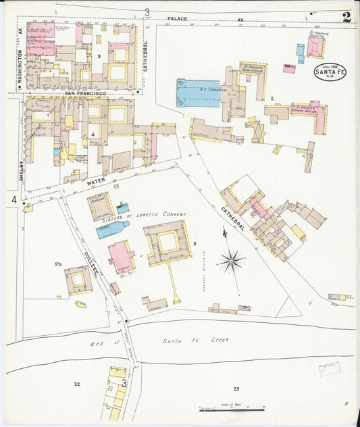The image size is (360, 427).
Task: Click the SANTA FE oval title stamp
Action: pos(330,71)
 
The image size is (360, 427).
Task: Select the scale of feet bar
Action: pos(231,409)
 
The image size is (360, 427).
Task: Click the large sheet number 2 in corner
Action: pos(346,18)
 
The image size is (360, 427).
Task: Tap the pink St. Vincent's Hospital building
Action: pos(315,47)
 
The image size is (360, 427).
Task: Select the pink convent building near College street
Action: pos(121,257)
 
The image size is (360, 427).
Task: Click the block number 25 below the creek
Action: pos(236,388)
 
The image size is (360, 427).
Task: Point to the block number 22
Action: pos(77,383)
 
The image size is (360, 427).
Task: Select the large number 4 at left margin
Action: pos(14,199)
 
